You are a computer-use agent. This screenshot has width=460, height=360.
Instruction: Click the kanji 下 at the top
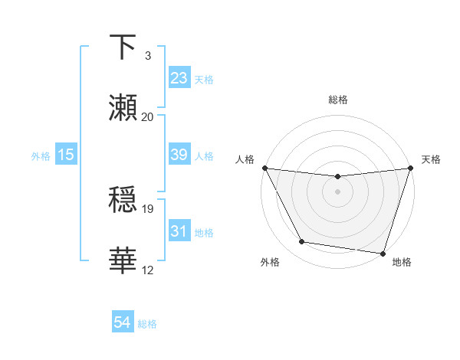click(x=123, y=47)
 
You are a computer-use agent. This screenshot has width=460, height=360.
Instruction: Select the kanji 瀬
click(x=123, y=108)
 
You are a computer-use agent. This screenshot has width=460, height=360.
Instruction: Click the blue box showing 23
click(x=179, y=77)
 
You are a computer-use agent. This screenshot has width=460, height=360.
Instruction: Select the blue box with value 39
click(x=179, y=154)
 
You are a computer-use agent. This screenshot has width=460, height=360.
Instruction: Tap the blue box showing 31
click(x=179, y=231)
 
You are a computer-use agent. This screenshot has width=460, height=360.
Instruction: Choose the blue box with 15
click(x=66, y=154)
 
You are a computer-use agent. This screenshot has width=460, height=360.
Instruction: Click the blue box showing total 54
click(x=122, y=322)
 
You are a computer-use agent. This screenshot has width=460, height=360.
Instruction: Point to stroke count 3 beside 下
click(x=147, y=56)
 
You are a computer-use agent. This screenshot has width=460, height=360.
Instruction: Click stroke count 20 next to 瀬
click(x=147, y=117)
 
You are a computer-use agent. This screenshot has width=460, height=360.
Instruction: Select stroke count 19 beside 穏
click(x=147, y=208)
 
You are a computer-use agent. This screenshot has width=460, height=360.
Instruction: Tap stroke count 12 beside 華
click(x=147, y=270)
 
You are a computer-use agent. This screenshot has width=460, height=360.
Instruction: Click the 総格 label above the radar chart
click(x=337, y=100)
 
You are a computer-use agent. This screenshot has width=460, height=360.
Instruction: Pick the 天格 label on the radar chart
click(x=431, y=159)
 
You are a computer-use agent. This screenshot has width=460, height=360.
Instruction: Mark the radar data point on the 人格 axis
click(x=264, y=168)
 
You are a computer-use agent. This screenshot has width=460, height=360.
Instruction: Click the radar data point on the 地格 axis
click(x=383, y=253)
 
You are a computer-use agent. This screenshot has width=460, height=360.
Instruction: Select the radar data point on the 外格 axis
click(x=302, y=242)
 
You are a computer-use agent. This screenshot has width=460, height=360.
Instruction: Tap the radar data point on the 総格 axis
click(x=337, y=177)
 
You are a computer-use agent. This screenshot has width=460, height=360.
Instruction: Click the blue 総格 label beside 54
click(x=147, y=324)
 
